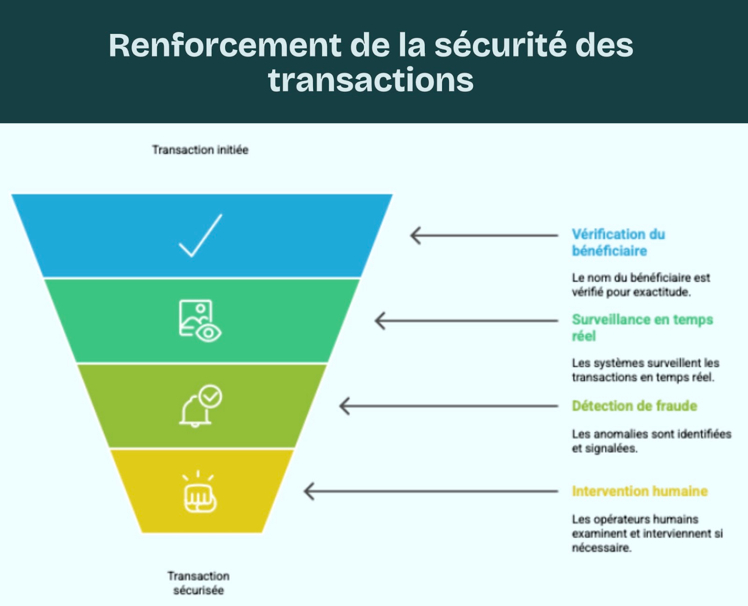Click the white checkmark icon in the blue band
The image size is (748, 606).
tap(201, 236)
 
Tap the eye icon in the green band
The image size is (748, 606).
tap(209, 333)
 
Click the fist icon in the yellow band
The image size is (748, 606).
tap(200, 497)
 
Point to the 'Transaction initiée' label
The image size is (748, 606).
tap(200, 150)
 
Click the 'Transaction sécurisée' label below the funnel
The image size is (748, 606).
tap(199, 583)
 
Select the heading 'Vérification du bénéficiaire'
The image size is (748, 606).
tap(618, 243)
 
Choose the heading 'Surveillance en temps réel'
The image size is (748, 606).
tap(642, 328)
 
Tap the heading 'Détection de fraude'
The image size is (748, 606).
tap(634, 406)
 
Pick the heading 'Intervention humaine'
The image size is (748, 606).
tap(640, 491)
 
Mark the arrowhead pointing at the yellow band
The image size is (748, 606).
tap(309, 491)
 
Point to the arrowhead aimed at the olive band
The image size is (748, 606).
tap(344, 406)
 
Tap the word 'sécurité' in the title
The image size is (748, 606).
tap(500, 46)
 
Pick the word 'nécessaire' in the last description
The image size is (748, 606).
tap(601, 548)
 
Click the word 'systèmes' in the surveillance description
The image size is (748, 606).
tap(616, 363)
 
